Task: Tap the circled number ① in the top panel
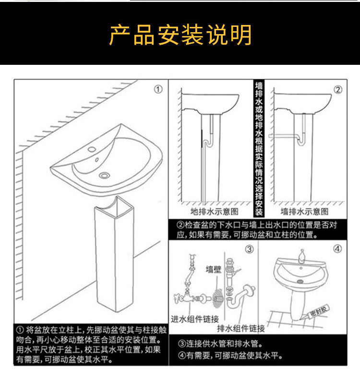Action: (158, 90)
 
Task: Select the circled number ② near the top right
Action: (337, 90)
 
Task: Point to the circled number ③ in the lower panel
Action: (250, 249)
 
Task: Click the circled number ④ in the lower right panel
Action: (337, 249)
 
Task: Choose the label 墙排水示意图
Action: (305, 212)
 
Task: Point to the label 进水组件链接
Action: (195, 318)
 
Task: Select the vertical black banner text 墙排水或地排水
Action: (259, 149)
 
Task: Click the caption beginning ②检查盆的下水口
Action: (257, 229)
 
